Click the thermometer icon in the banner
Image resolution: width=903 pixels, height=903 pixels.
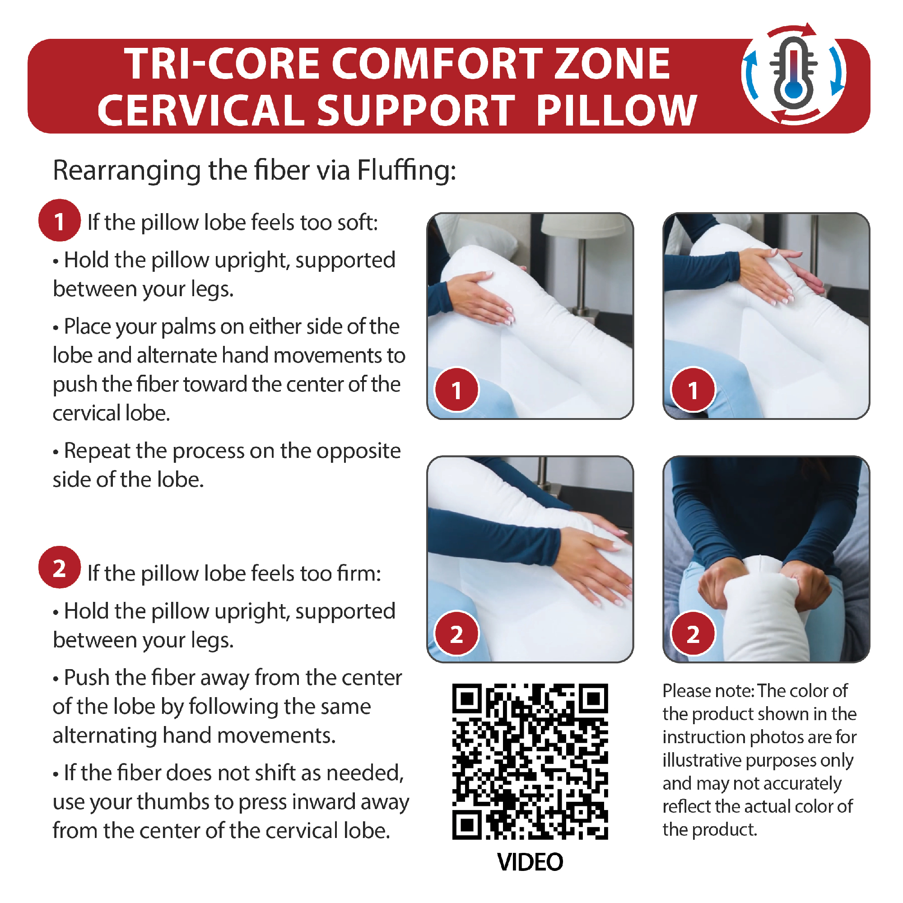tap(793, 74)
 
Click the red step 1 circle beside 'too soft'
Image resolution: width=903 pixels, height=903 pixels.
tap(59, 221)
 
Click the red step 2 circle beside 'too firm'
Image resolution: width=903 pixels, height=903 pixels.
tap(59, 568)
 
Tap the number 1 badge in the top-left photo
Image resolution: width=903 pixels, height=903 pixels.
tap(456, 390)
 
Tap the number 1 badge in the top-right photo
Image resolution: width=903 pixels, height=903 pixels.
tap(693, 390)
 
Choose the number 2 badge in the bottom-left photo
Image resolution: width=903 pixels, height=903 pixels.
tap(456, 634)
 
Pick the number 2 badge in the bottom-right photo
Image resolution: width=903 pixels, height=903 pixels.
tap(693, 634)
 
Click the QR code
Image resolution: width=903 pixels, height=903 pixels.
tap(530, 761)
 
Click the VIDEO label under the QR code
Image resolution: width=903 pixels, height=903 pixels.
tap(530, 862)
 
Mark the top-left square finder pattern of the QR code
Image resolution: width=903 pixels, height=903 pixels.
tap(467, 698)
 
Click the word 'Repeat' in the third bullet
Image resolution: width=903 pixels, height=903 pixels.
tap(97, 451)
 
